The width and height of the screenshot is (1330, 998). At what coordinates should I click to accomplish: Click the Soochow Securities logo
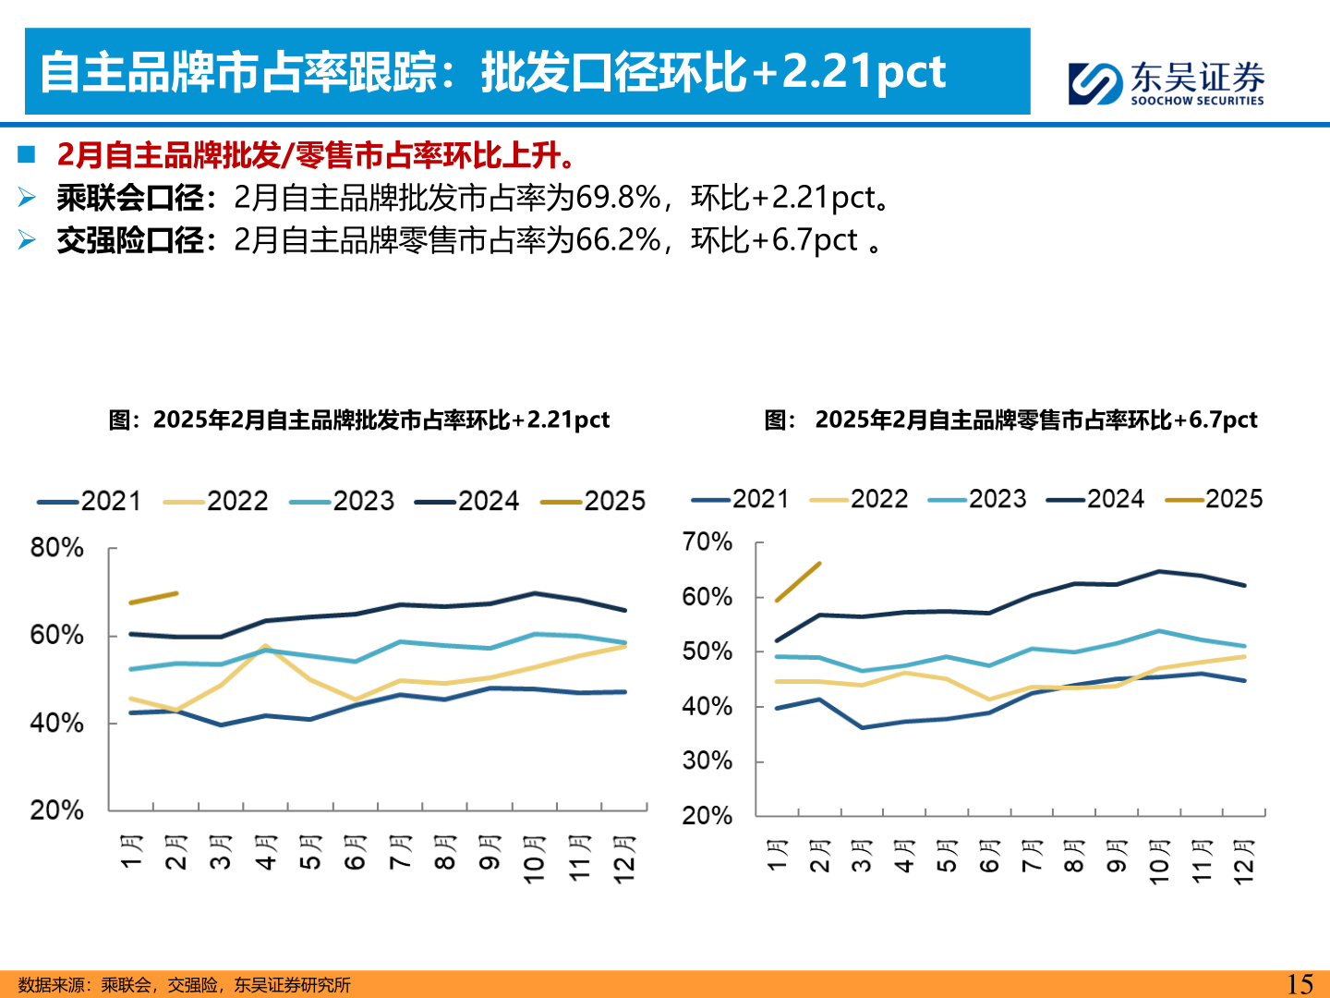(x=1166, y=83)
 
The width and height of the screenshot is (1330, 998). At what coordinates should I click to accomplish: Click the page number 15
(x=1300, y=983)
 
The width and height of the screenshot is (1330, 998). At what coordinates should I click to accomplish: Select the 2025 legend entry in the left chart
(x=594, y=501)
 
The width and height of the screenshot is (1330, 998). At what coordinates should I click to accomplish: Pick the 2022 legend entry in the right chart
(x=859, y=499)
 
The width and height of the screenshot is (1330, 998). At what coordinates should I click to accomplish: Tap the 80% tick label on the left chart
(x=56, y=548)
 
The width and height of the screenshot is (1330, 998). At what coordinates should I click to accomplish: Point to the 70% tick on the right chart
(x=707, y=542)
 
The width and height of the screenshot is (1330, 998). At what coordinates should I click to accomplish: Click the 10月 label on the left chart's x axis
(x=534, y=858)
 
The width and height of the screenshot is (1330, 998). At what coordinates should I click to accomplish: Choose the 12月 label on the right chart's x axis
(x=1244, y=860)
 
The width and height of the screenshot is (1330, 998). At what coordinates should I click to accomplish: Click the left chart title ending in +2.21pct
(x=358, y=420)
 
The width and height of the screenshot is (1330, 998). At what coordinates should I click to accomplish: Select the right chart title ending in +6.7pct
(x=1011, y=420)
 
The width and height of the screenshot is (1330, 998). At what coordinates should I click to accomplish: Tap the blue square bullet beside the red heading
(x=26, y=154)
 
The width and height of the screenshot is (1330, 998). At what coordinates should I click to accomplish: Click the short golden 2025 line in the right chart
(x=798, y=582)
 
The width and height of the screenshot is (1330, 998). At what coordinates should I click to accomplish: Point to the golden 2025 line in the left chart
(x=153, y=598)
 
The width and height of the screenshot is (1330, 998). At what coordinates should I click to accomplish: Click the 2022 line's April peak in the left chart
(x=265, y=646)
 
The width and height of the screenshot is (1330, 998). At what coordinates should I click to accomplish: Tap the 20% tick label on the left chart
(x=56, y=810)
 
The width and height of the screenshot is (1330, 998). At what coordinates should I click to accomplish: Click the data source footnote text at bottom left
(x=184, y=985)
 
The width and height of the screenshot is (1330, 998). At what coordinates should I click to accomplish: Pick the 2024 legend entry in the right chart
(x=1095, y=499)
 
